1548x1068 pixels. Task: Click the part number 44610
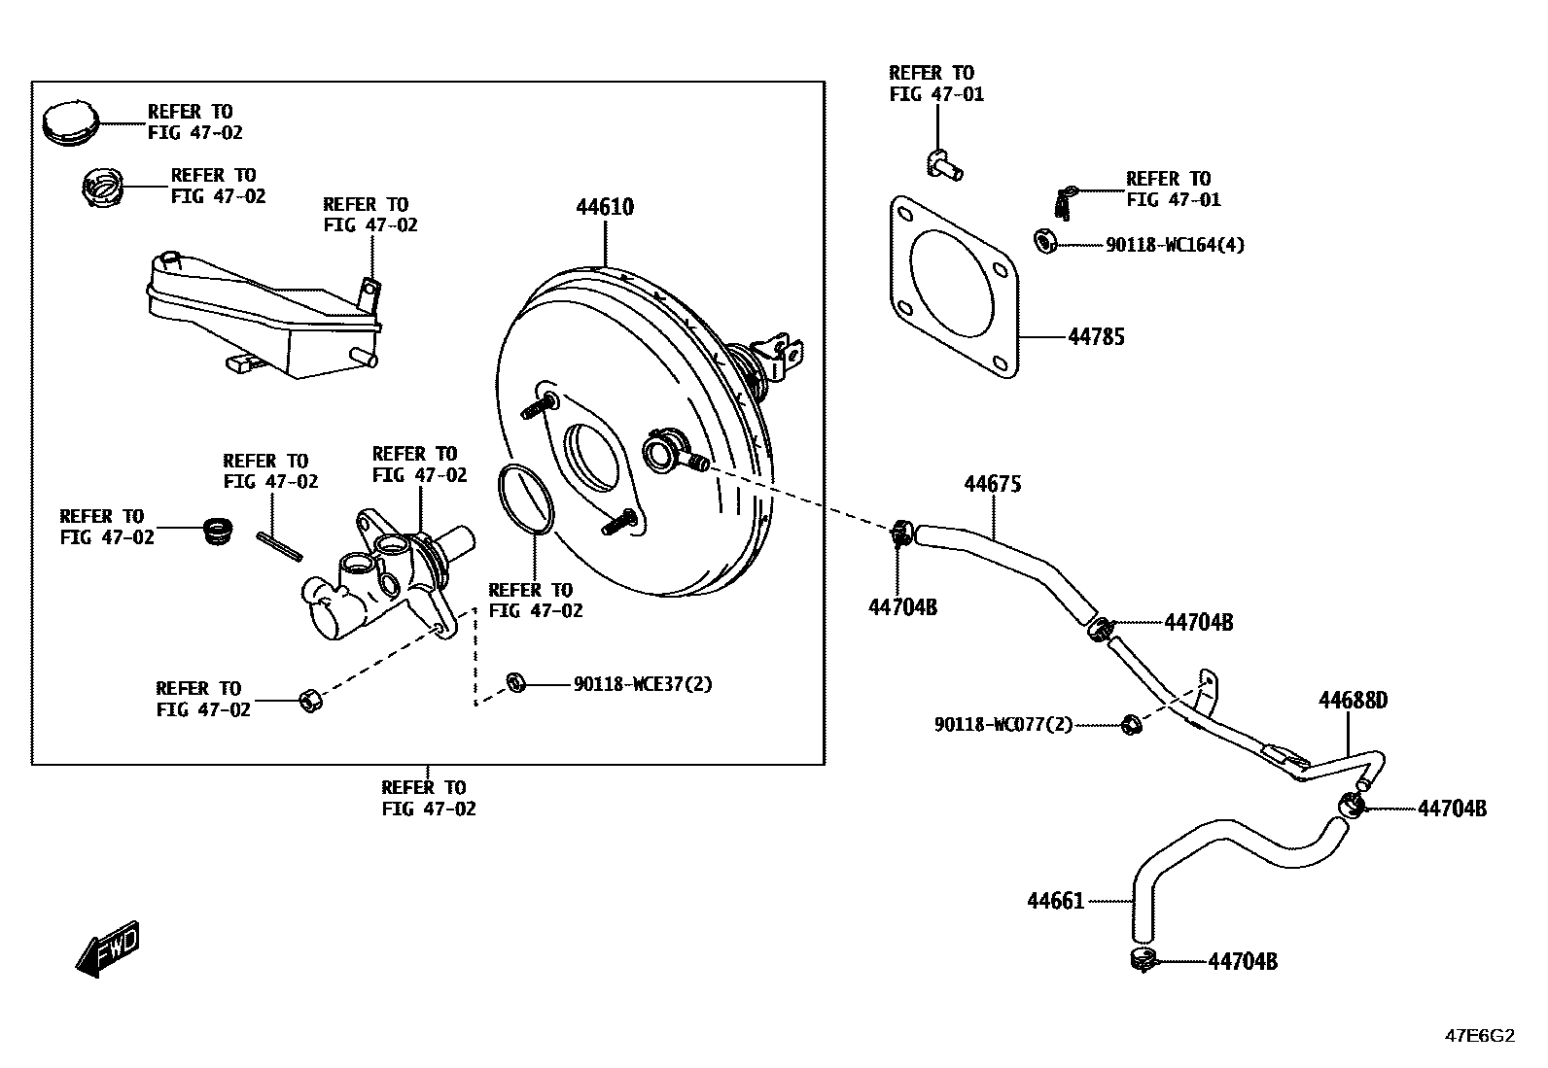tap(604, 207)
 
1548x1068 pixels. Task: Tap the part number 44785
tap(1096, 337)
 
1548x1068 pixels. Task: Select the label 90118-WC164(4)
tap(1175, 245)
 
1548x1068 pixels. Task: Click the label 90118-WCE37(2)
tap(643, 684)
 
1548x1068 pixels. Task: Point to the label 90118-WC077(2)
tap(1003, 724)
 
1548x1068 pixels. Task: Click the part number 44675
tap(992, 484)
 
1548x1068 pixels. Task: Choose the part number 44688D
tap(1353, 701)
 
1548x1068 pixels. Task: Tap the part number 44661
tap(1055, 902)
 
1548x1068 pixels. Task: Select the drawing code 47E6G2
tap(1479, 1036)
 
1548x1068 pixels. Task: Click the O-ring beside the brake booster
tap(526, 500)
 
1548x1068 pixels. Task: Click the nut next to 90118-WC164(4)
tap(1045, 241)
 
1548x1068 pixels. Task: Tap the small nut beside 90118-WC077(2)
tap(1130, 724)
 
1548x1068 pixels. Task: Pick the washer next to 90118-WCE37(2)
tap(516, 683)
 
